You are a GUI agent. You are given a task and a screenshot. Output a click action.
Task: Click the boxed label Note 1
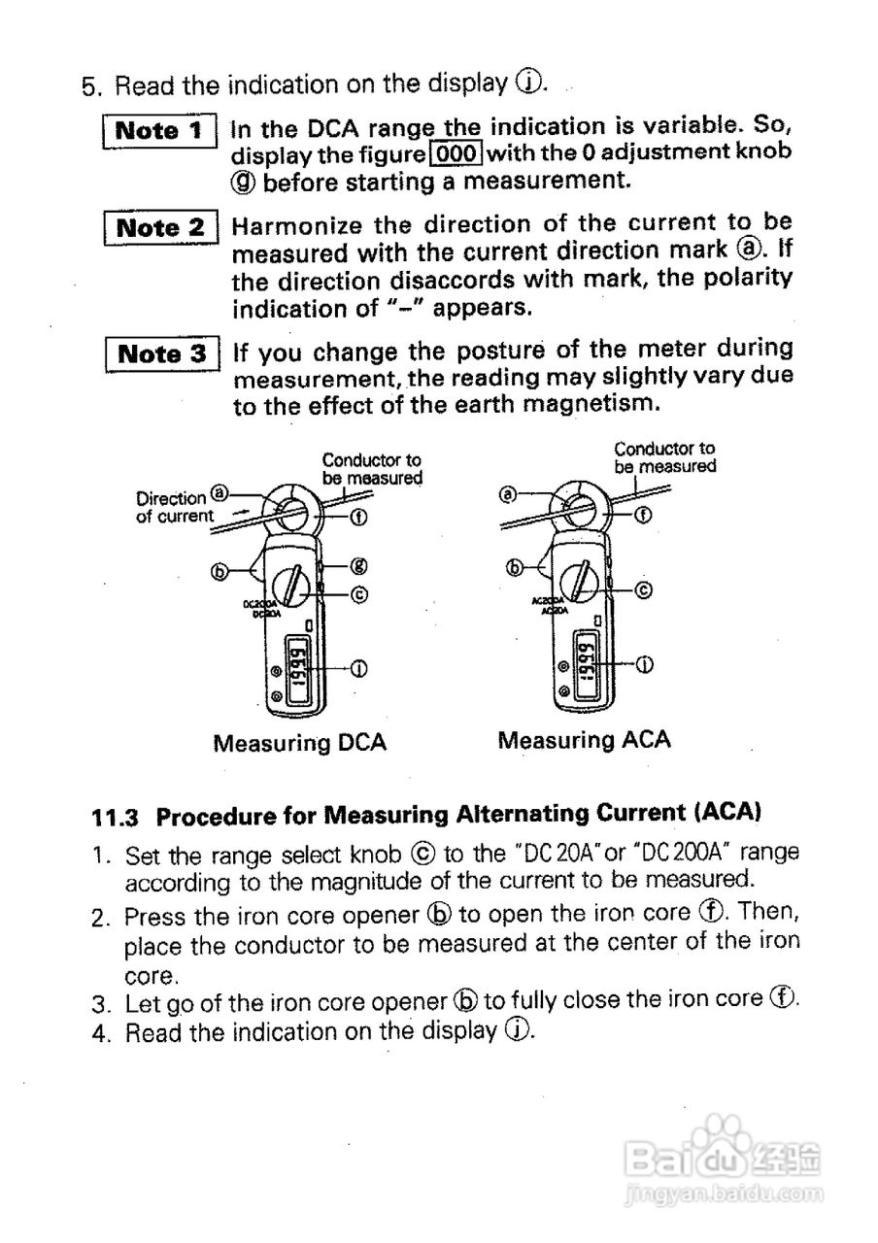coord(159,130)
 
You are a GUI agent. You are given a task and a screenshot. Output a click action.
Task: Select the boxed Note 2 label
coord(160,228)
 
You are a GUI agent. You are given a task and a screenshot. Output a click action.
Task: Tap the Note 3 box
coord(161,353)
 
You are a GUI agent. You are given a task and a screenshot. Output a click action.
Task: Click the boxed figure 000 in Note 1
coord(456,152)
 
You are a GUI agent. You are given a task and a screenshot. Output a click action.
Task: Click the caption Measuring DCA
coord(299,743)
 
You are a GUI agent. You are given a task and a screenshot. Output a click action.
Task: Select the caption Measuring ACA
coord(584,740)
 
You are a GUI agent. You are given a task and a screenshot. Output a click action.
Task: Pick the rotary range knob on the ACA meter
coord(582,585)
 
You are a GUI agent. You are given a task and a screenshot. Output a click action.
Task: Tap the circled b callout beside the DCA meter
coord(219,572)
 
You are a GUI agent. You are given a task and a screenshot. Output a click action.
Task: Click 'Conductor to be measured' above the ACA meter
coord(664,457)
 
